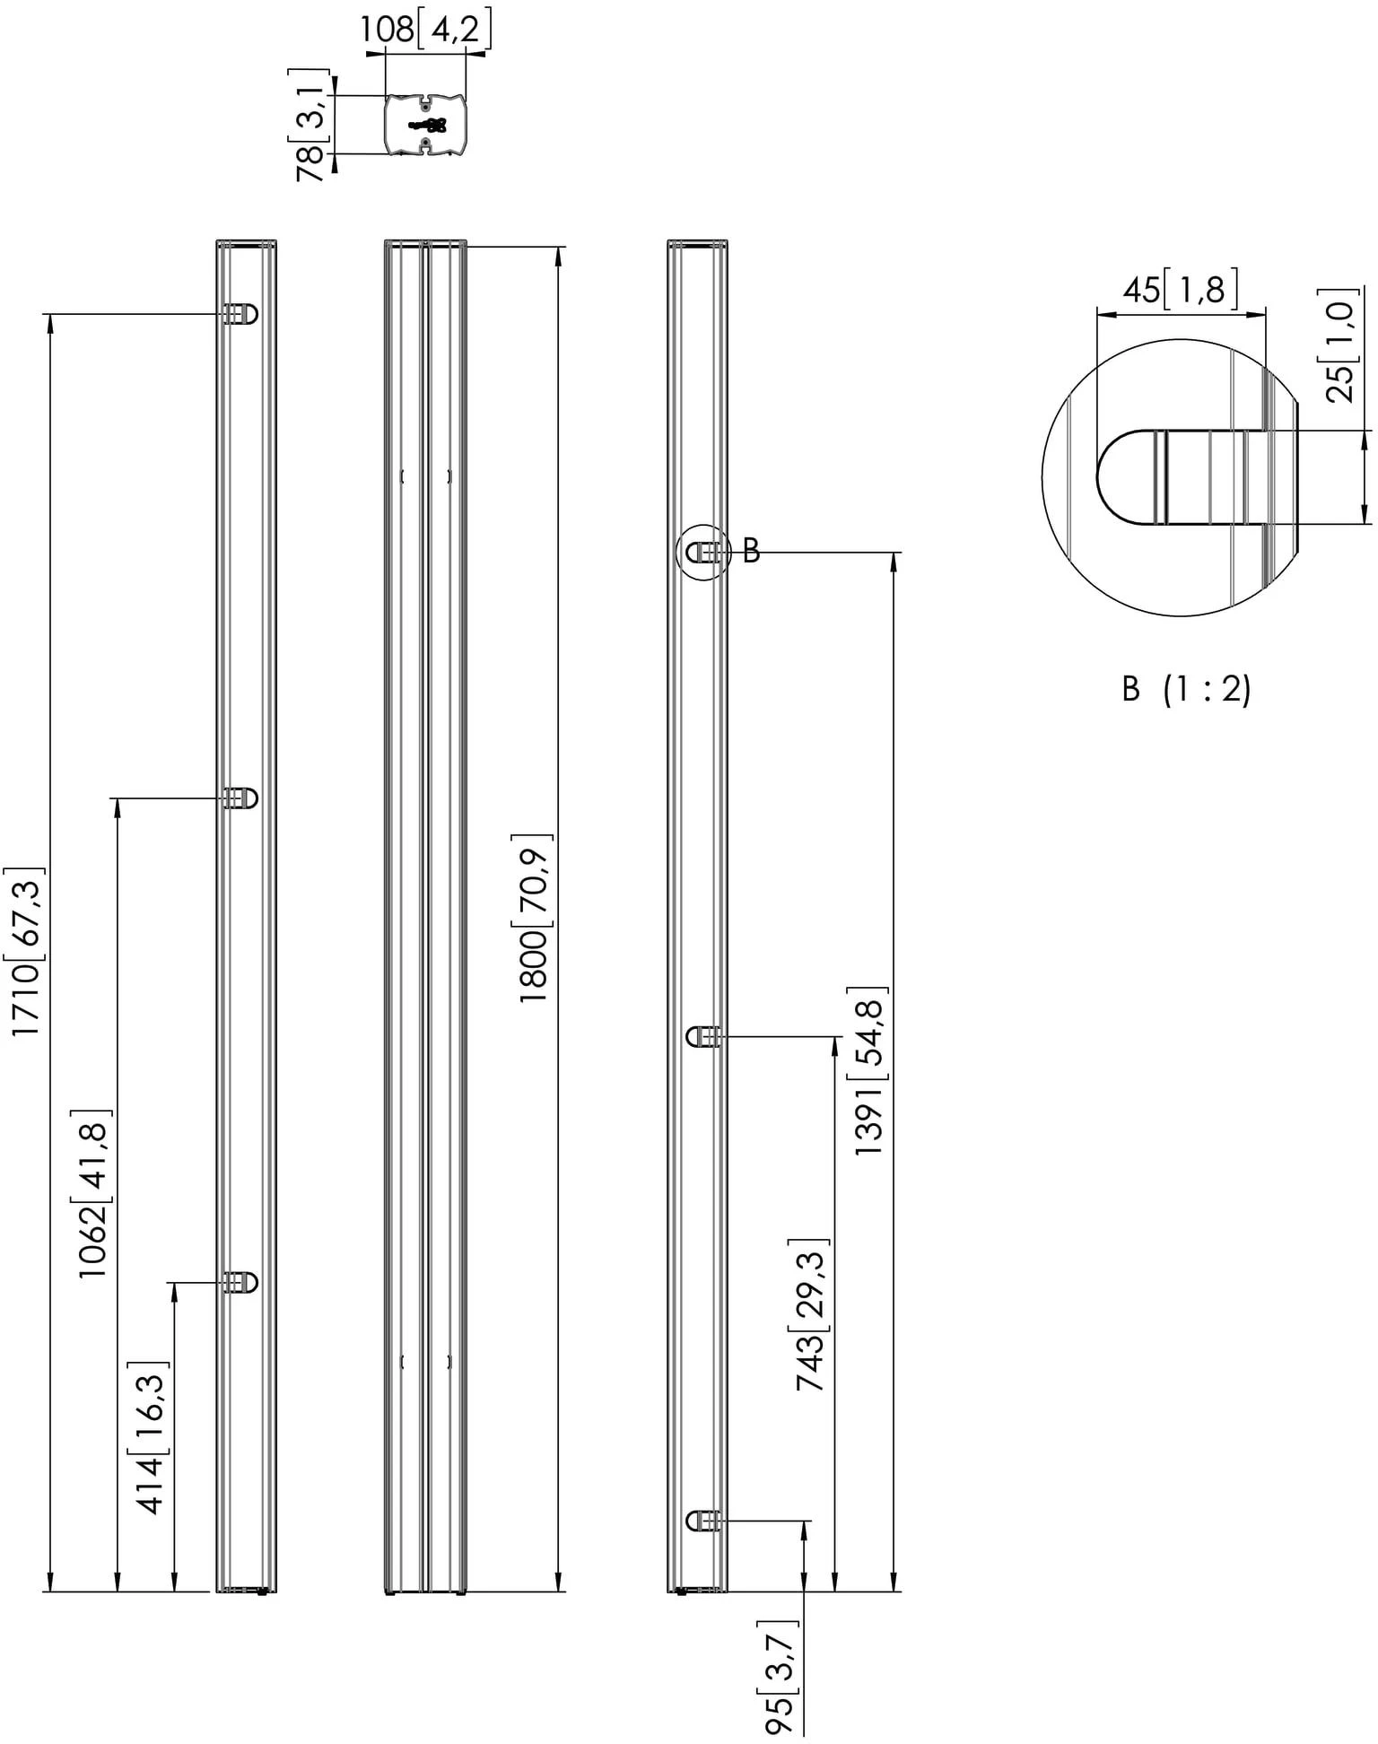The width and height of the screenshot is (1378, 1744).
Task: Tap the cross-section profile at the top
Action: point(425,125)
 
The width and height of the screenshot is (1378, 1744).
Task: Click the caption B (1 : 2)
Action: point(1186,689)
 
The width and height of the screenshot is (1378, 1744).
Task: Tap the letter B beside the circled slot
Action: point(751,551)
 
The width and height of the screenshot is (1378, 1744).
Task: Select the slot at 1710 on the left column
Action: point(240,314)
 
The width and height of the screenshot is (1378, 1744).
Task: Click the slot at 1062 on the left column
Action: point(240,798)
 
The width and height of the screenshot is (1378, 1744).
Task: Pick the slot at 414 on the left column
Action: point(240,1282)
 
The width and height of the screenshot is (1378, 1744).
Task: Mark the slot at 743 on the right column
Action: point(704,1037)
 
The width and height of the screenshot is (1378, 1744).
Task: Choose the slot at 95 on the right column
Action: point(704,1521)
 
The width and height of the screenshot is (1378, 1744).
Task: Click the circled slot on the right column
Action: point(704,553)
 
